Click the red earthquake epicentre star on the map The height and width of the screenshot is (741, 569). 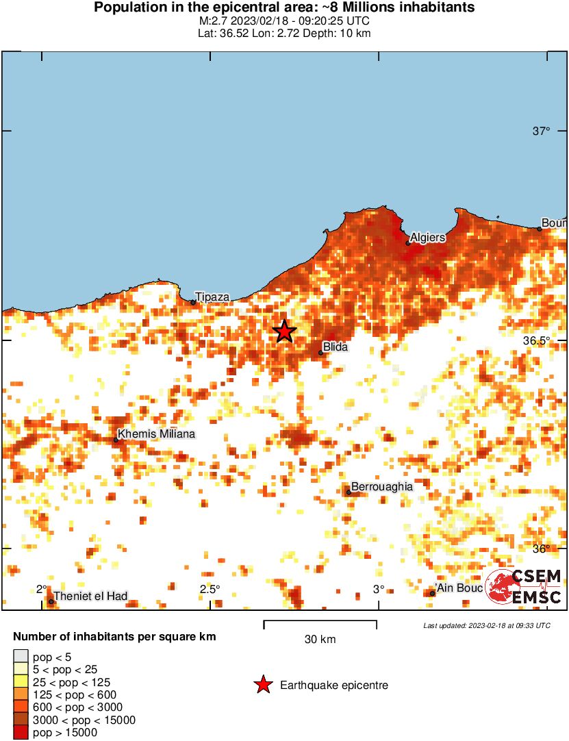(284, 331)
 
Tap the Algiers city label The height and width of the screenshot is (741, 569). (427, 238)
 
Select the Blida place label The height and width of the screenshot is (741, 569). (336, 347)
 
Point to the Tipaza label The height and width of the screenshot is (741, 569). (212, 297)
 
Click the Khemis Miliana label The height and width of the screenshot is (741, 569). (156, 434)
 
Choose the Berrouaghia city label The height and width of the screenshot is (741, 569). (382, 486)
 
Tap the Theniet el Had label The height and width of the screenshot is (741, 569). (90, 596)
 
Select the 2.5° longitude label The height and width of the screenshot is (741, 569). (210, 590)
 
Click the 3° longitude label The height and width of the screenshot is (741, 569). (379, 590)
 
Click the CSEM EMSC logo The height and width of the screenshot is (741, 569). (524, 587)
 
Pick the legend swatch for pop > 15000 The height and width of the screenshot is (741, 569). (21, 733)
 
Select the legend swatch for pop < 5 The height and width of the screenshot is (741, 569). (21, 657)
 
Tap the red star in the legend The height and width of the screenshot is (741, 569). (262, 685)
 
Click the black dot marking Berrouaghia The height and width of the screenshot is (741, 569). (349, 492)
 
